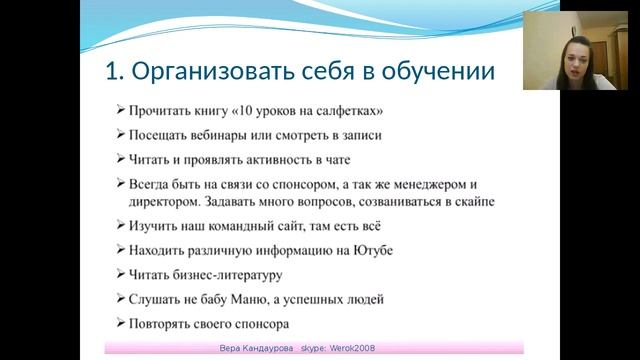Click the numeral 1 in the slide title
112,72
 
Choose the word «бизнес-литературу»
229,274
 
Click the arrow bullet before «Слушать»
120,299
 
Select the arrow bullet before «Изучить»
120,225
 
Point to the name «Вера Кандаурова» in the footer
259,348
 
